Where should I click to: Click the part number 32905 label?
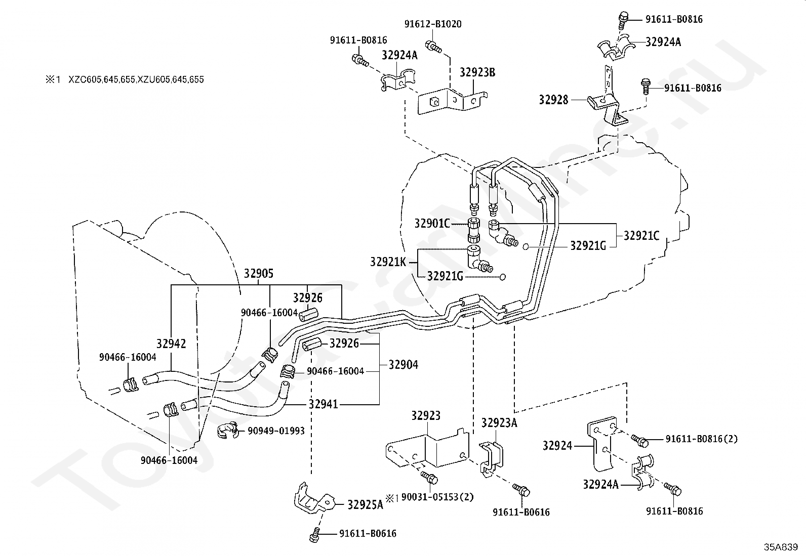click(259, 274)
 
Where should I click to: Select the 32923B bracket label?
click(477, 73)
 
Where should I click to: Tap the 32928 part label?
click(553, 100)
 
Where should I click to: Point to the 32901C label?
click(432, 223)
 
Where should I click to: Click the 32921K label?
click(388, 262)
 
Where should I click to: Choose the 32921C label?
click(641, 236)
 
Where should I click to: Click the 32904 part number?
click(404, 365)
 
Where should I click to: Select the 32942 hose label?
click(171, 344)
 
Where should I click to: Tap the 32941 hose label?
click(324, 404)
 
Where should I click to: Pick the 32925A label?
click(365, 505)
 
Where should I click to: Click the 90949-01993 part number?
click(276, 431)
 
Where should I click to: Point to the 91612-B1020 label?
click(433, 24)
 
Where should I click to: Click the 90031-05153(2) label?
click(437, 497)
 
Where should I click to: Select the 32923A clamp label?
click(499, 423)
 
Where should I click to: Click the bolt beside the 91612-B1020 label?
click(434, 47)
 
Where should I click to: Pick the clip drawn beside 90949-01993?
click(228, 430)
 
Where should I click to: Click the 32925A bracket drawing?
click(314, 501)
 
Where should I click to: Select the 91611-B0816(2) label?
click(701, 439)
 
